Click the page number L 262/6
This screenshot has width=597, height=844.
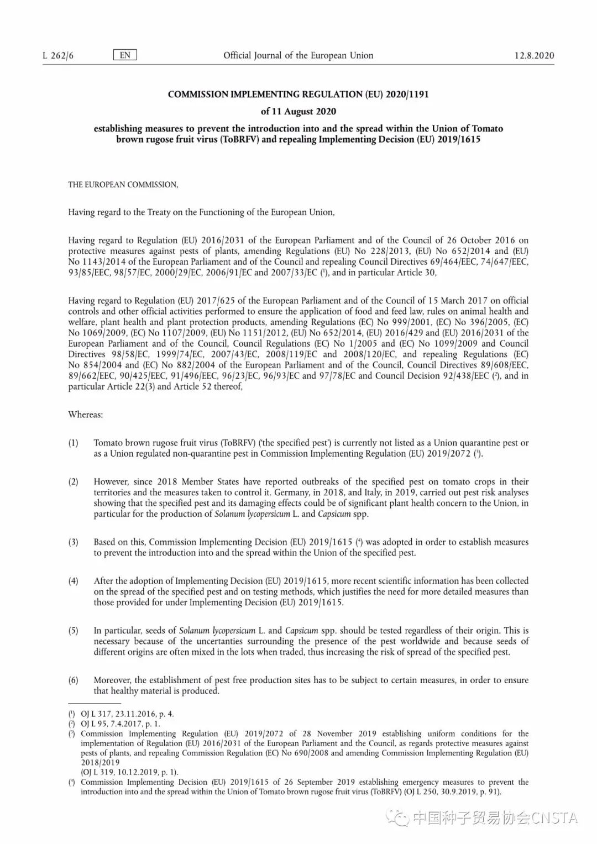[58, 55]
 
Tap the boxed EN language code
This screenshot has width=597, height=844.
[125, 55]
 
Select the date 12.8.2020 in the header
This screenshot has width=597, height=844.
[534, 55]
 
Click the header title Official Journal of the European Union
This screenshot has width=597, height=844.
[298, 55]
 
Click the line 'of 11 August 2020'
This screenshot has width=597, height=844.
[298, 111]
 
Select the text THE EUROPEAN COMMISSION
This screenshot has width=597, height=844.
[123, 185]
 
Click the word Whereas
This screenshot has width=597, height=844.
[85, 415]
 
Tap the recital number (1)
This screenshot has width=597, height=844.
[73, 443]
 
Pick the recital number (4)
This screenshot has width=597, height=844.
[73, 581]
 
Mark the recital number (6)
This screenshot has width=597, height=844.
[73, 680]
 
